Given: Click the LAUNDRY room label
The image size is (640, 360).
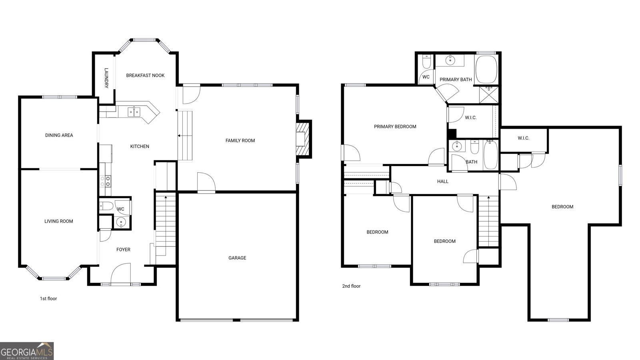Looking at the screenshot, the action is click(106, 78).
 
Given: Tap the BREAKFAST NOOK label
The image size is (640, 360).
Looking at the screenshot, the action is click(145, 76).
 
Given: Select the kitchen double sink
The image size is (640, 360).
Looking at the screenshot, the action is click(134, 112).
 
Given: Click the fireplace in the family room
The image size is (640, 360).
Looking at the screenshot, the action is click(303, 139).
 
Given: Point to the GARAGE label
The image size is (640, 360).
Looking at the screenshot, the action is click(237, 258).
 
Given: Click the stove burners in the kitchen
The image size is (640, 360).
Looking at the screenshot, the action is click(105, 181).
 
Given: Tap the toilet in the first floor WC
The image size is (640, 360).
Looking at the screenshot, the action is click(106, 206).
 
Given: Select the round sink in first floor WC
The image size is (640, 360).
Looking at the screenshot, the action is click(121, 222).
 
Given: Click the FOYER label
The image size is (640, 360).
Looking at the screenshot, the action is click(123, 250).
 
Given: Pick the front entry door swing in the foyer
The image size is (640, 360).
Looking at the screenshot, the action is click(120, 274).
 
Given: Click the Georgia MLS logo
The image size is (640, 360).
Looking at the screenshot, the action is click(26, 351).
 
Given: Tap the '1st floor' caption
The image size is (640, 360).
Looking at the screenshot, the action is click(48, 298).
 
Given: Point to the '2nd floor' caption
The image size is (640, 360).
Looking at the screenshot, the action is click(351, 286).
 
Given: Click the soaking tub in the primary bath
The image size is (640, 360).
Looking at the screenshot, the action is click(486, 70).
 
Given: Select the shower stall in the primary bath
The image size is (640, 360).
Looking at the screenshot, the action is click(489, 94).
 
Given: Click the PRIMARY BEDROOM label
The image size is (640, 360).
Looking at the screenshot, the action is click(395, 126).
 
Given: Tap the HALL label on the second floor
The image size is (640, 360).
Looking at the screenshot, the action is click(442, 182).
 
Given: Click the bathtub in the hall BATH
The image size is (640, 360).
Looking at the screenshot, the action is click(491, 155).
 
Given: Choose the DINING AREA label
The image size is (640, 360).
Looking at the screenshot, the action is click(59, 135).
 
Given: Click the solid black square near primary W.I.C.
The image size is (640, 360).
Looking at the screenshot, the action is click(452, 134).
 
